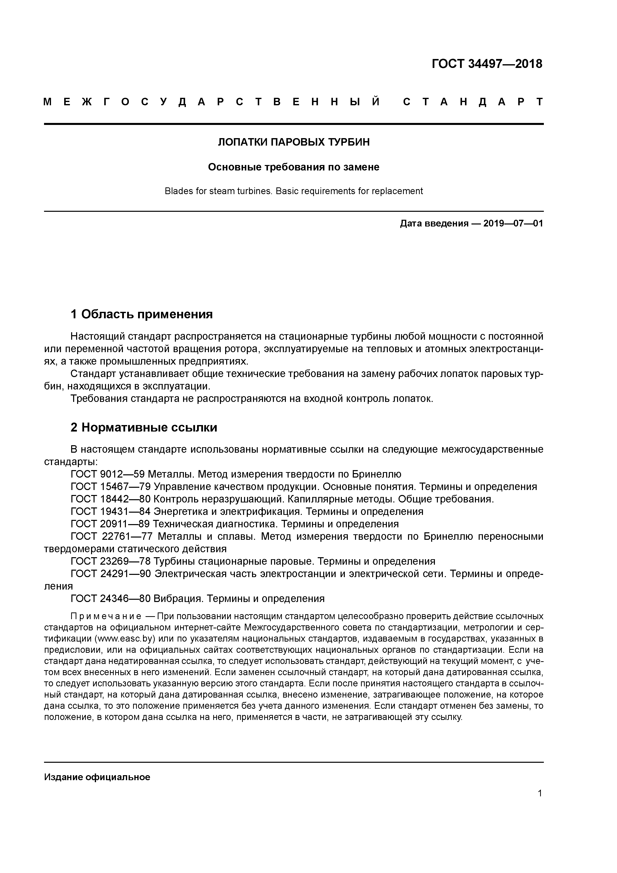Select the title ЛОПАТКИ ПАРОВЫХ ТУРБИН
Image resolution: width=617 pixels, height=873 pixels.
(x=294, y=142)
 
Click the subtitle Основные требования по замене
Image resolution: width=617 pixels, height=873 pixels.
(x=294, y=167)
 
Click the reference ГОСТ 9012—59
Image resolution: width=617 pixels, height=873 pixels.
(x=108, y=474)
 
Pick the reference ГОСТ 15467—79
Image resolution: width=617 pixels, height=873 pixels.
(x=111, y=487)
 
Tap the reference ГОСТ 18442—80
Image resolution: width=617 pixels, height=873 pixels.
(x=111, y=499)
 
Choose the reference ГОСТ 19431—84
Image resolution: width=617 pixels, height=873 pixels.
(x=111, y=511)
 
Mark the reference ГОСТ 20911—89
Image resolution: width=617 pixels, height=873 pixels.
(x=111, y=524)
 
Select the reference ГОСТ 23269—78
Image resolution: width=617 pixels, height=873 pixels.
(x=111, y=561)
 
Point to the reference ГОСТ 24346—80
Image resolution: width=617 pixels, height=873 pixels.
(x=111, y=599)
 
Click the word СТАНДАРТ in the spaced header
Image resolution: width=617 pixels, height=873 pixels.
(x=473, y=102)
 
